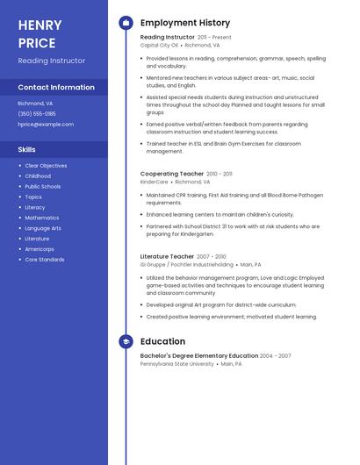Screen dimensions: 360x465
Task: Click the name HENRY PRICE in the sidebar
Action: tap(40, 33)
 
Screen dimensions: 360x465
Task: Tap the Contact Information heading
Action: tap(56, 87)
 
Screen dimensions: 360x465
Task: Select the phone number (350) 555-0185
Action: tap(37, 113)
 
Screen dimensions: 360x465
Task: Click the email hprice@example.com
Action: tap(46, 125)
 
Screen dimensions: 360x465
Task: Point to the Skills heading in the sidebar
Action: tap(26, 149)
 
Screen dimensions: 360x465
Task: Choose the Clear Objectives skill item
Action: tap(46, 166)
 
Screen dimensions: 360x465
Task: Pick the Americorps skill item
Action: tap(40, 249)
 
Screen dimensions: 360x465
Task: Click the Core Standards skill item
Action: tap(45, 260)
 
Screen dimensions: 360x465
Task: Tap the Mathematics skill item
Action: tap(42, 218)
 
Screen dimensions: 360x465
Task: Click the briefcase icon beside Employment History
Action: tap(126, 23)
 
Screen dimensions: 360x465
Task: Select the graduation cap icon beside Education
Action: tap(126, 341)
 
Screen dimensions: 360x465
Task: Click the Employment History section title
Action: tap(185, 23)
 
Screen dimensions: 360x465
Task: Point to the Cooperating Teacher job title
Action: tap(172, 174)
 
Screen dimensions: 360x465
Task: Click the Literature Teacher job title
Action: tap(167, 257)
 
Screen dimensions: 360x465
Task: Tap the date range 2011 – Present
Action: tap(215, 38)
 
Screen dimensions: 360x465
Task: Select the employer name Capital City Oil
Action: tap(159, 45)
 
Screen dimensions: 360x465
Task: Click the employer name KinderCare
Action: tap(154, 182)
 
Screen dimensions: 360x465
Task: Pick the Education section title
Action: tap(162, 341)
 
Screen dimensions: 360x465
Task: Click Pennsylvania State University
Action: tap(176, 363)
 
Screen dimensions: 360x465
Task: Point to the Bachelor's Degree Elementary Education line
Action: tap(199, 356)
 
